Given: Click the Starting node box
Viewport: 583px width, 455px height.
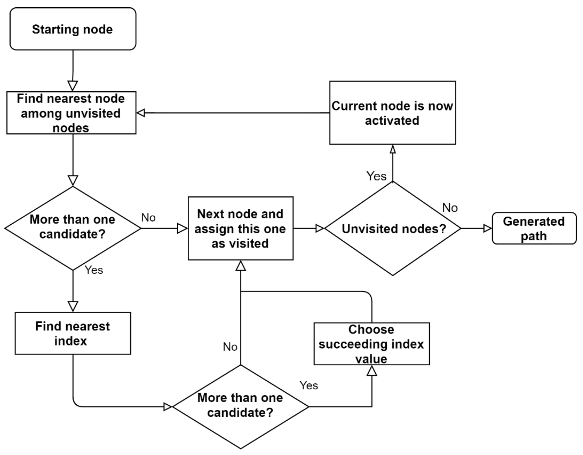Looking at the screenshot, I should point(73,29).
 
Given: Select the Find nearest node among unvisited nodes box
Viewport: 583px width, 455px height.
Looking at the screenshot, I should point(71,113).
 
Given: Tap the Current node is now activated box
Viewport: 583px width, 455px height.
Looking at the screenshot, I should point(392,113).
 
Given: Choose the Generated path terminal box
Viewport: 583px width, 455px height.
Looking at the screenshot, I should point(534,228).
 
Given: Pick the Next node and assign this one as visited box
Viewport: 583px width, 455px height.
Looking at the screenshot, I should point(240,228).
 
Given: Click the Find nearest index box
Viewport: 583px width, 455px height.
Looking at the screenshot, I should point(73,334).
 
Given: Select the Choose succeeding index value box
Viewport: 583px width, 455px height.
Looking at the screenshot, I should point(372,344).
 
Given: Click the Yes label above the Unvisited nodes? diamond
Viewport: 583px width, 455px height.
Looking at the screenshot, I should point(376,176).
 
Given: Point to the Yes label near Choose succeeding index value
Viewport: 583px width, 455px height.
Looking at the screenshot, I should point(309,386).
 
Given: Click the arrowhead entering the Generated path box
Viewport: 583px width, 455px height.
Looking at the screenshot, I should point(487,228).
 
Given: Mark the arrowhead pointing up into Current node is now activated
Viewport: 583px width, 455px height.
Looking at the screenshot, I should point(393,150).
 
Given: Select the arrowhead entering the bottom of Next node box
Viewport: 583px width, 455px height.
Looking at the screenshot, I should point(240,266).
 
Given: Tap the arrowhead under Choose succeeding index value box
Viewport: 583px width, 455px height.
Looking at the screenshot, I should point(372,371).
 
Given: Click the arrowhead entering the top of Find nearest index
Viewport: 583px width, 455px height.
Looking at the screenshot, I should point(73,306).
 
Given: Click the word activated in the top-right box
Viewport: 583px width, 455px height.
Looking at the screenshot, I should point(392,121).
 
